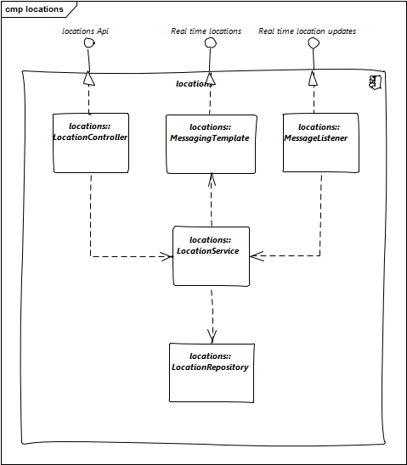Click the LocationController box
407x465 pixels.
(91, 143)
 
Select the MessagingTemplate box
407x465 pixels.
(211, 144)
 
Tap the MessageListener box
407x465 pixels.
(320, 143)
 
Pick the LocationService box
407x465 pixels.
(212, 256)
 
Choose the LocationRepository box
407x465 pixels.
(212, 373)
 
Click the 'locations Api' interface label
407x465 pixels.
(85, 31)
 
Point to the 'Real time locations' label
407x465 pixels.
(206, 31)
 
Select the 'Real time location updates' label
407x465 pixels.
(307, 31)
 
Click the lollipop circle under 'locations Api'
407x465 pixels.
(89, 43)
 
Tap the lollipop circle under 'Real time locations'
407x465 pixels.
(211, 43)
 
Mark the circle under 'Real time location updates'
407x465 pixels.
(314, 43)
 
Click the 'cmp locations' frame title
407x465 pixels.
(35, 9)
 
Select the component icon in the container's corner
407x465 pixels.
(375, 82)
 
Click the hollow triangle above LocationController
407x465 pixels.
(88, 78)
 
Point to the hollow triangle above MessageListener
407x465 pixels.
(313, 78)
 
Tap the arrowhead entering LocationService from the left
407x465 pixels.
(167, 256)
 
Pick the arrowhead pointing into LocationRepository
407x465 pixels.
(212, 336)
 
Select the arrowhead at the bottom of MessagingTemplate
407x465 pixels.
(212, 180)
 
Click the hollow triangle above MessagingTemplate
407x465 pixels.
(210, 78)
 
